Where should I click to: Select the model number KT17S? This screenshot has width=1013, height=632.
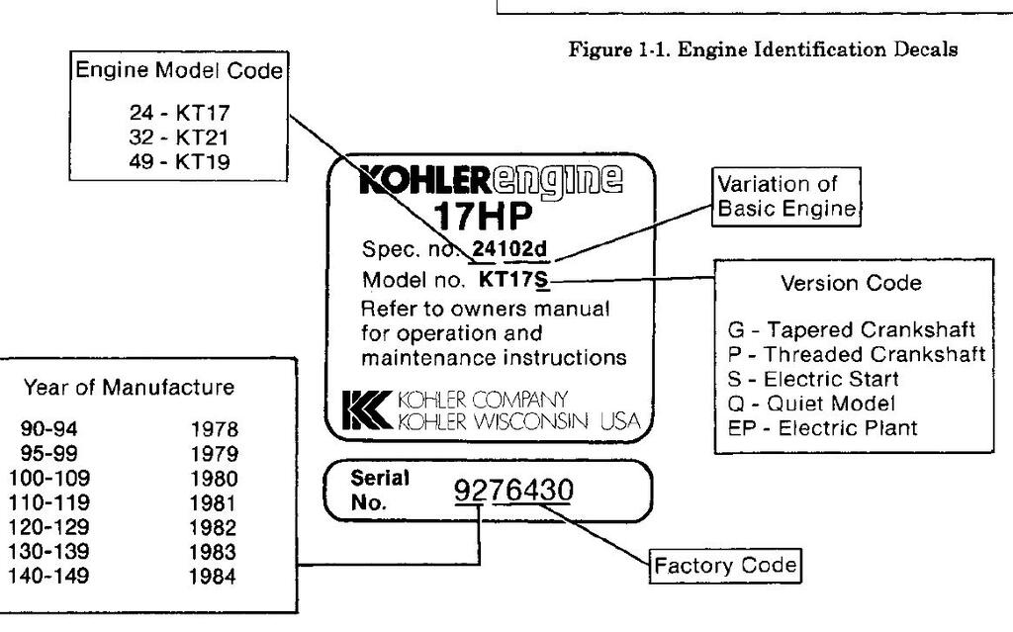pyautogui.click(x=512, y=279)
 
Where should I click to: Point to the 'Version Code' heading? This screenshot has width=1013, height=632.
pyautogui.click(x=851, y=283)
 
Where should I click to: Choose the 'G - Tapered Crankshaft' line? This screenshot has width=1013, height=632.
pyautogui.click(x=851, y=329)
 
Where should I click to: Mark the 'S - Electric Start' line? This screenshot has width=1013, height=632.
pyautogui.click(x=812, y=379)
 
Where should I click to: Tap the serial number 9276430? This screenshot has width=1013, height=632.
pyautogui.click(x=512, y=491)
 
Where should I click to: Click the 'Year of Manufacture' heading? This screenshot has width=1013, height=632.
pyautogui.click(x=129, y=387)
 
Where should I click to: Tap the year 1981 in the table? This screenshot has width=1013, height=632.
pyautogui.click(x=214, y=502)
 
